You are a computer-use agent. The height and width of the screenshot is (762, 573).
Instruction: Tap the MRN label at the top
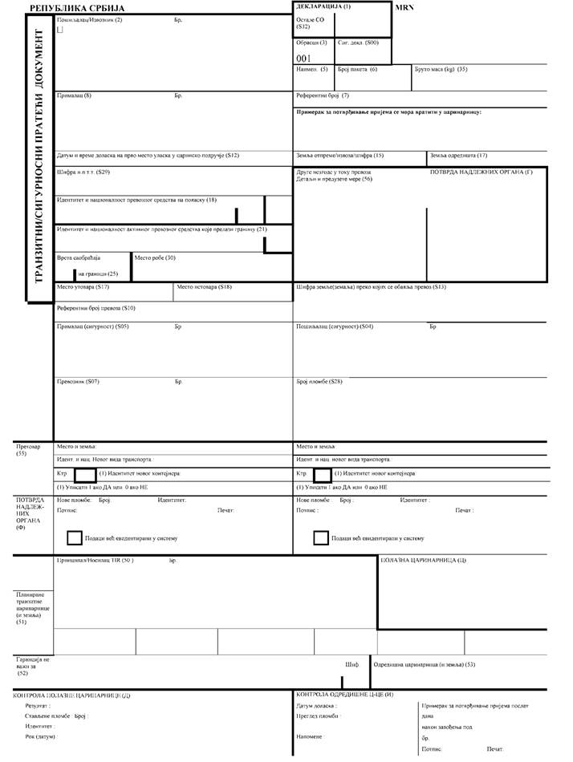[404, 6]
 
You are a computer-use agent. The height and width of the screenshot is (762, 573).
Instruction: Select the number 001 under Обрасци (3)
[303, 58]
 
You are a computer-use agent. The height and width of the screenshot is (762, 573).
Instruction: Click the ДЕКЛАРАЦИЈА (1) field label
[323, 6]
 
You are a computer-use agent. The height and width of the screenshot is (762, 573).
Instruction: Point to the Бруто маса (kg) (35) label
[441, 70]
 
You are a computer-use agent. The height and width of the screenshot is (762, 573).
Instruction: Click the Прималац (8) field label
[75, 95]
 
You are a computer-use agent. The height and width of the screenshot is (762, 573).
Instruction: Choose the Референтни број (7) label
[323, 95]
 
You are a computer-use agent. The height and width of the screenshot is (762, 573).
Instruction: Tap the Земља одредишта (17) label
[458, 155]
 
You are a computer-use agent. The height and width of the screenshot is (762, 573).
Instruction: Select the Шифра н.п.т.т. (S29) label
[83, 172]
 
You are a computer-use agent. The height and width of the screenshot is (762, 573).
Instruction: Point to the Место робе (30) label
[154, 257]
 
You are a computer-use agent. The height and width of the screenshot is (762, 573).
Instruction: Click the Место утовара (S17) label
[83, 286]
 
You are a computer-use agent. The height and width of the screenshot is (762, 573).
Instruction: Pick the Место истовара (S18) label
[204, 286]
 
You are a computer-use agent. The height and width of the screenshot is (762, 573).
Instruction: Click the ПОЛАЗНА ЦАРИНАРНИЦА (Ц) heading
[424, 560]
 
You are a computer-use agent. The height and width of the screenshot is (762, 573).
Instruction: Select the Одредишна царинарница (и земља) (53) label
[425, 664]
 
